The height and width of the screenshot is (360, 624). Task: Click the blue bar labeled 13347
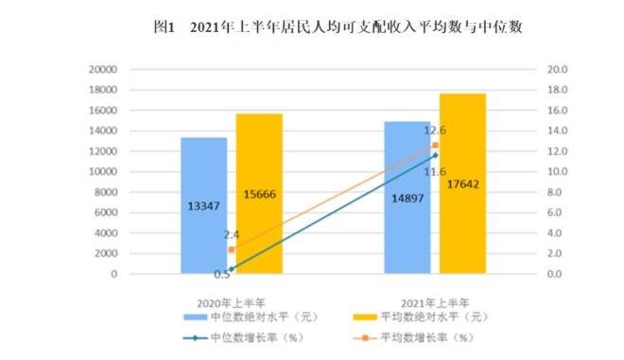204,205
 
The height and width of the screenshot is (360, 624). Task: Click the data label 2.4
231,232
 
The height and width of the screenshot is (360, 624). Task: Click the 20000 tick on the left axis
100,70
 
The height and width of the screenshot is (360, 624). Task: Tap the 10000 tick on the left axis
100,172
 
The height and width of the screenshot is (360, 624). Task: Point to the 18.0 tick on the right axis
556,91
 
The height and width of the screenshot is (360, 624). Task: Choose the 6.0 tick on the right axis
556,213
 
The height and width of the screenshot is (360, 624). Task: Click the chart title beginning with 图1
338,27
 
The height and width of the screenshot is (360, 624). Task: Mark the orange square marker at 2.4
232,249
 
